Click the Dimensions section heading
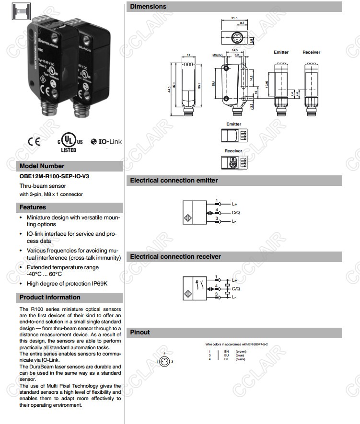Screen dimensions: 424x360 tap(148, 7)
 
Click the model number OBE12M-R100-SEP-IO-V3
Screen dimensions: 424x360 tap(54, 176)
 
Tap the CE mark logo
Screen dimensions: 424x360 tap(34, 141)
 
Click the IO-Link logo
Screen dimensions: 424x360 tap(106, 141)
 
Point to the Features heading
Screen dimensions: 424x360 tap(33, 207)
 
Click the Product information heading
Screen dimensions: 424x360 tap(50, 298)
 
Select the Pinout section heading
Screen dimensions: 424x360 tap(140, 332)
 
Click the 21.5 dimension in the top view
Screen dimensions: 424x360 tap(234, 18)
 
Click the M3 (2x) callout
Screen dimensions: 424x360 tap(218, 56)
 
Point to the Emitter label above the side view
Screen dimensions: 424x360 tap(281, 52)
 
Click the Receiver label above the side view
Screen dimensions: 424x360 tap(311, 52)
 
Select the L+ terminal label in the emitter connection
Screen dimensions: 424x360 tap(235, 204)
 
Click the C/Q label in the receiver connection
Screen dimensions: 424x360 tap(236, 289)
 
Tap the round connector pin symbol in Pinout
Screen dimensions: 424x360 tap(164, 361)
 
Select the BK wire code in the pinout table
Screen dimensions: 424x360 tap(227, 359)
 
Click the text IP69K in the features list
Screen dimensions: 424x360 tap(99, 284)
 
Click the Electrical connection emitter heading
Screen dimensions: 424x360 tap(174, 181)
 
